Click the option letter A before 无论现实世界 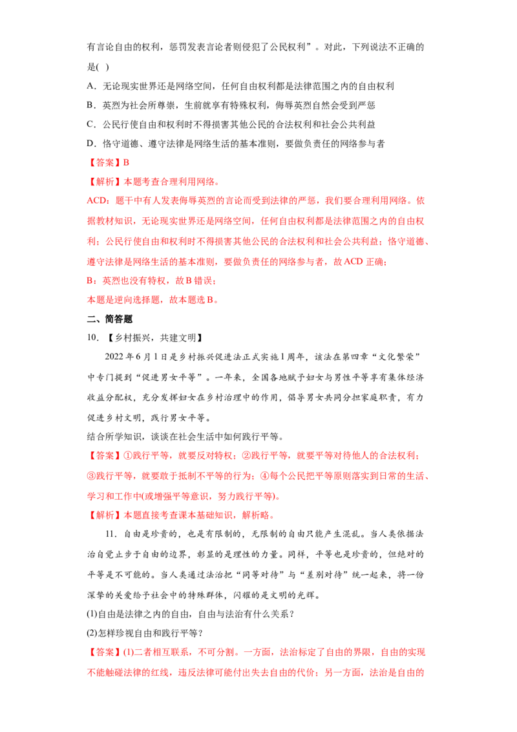[x=90, y=87]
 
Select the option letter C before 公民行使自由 [x=90, y=125]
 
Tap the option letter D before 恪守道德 [x=90, y=144]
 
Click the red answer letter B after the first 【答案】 [x=126, y=162]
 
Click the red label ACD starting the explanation [x=96, y=200]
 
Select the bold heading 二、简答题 [x=110, y=319]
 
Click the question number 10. [x=92, y=338]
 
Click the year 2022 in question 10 [x=114, y=357]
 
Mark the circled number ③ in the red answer [x=92, y=476]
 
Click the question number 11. [x=111, y=534]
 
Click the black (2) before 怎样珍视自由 [x=92, y=633]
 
